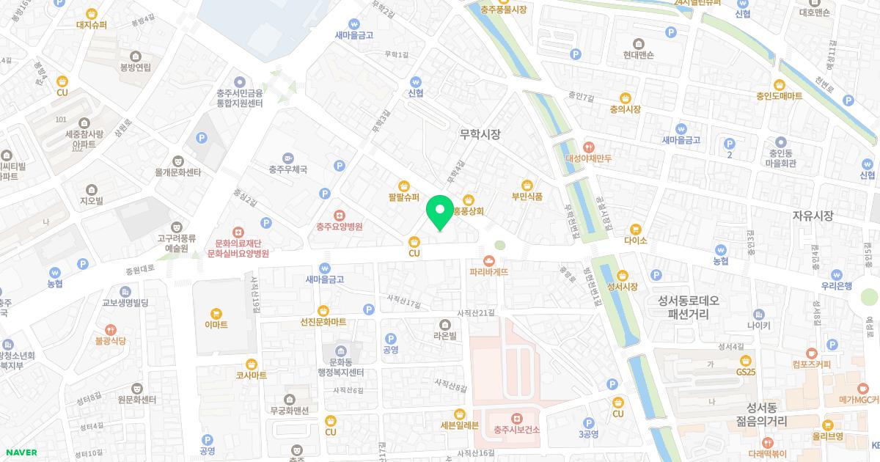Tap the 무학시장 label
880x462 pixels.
click(x=480, y=134)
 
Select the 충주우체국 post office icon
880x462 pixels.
click(x=287, y=157)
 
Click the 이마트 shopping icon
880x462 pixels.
click(x=216, y=312)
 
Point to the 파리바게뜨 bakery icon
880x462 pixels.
click(x=489, y=260)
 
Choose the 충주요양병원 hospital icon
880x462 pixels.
click(x=340, y=215)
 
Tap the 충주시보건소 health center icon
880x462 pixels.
click(x=516, y=418)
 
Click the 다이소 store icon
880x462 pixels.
click(x=635, y=228)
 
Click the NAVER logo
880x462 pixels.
click(x=21, y=452)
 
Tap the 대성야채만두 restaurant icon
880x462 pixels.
click(x=588, y=146)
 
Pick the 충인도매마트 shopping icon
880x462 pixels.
click(x=780, y=84)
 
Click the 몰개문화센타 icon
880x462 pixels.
click(x=177, y=161)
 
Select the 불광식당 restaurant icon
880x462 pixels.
click(x=110, y=329)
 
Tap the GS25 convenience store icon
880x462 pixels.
click(x=746, y=360)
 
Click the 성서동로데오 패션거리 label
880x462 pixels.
click(x=689, y=307)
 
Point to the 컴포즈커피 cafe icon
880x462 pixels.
click(x=811, y=353)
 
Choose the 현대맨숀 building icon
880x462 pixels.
click(x=638, y=43)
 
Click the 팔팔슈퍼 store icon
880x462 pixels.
click(x=404, y=185)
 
